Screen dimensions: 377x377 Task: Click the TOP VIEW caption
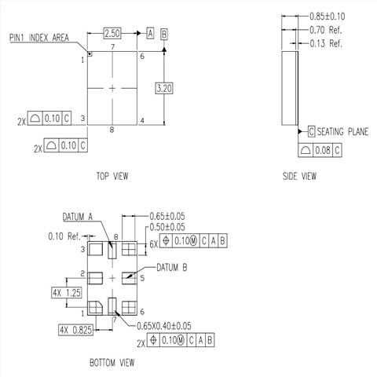tap(112, 176)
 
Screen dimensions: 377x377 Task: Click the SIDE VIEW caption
tap(299, 176)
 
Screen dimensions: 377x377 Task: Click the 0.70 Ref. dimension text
tap(325, 30)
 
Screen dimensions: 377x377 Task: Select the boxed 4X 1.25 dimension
tap(67, 292)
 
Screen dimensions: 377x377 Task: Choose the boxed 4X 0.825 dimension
tap(75, 330)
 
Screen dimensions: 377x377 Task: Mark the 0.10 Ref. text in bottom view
tap(65, 236)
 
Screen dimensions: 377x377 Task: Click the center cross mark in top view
tap(112, 88)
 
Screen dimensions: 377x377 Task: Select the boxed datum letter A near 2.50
tap(150, 34)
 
